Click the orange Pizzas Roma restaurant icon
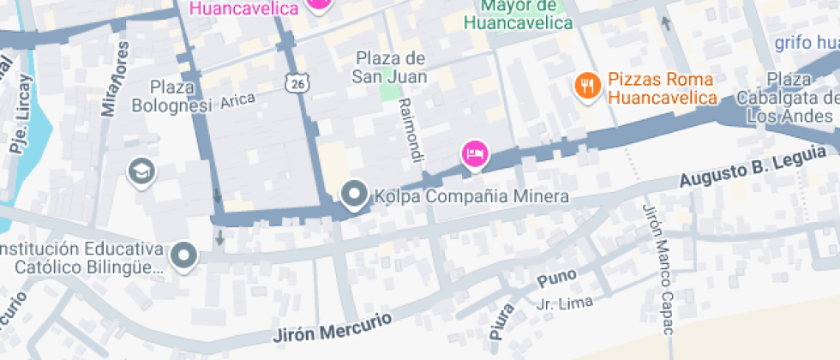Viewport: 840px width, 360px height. (587, 86)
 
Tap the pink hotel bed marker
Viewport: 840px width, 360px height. (475, 154)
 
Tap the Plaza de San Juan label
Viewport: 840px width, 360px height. (389, 67)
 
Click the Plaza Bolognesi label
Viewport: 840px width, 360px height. (171, 96)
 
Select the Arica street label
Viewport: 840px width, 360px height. (237, 101)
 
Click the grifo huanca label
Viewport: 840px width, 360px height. (807, 43)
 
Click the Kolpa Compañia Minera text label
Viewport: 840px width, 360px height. (471, 197)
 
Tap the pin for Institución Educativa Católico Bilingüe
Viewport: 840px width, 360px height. (183, 255)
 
